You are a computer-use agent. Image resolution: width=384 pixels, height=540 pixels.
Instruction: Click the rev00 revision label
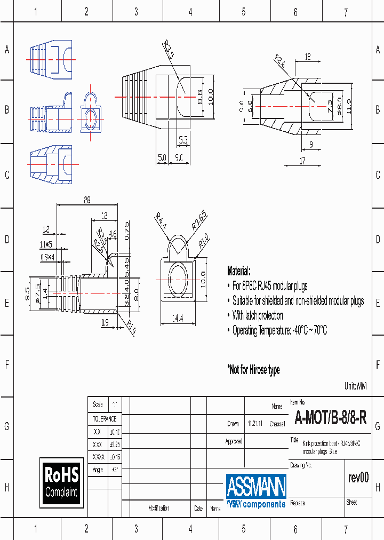point(358,478)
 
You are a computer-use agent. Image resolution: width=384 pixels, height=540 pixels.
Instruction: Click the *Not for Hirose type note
point(253,370)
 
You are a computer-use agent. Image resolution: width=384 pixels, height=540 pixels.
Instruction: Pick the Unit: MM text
point(356,386)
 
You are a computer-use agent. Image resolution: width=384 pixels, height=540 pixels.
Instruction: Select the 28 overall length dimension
point(87,200)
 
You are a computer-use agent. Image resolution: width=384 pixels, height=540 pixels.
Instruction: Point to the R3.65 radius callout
point(198,220)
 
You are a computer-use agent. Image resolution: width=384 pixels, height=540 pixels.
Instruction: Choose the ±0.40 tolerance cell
point(114,432)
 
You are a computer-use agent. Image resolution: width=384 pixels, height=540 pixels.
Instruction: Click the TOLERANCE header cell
point(105,419)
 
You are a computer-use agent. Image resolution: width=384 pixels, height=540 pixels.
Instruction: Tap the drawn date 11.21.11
point(254,424)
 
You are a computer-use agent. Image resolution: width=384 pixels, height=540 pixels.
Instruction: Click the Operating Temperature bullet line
point(279,330)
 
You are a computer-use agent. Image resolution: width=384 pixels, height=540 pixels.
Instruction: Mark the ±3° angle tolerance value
point(114,470)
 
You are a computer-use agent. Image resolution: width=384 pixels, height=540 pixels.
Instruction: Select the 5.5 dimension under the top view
point(183,140)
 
